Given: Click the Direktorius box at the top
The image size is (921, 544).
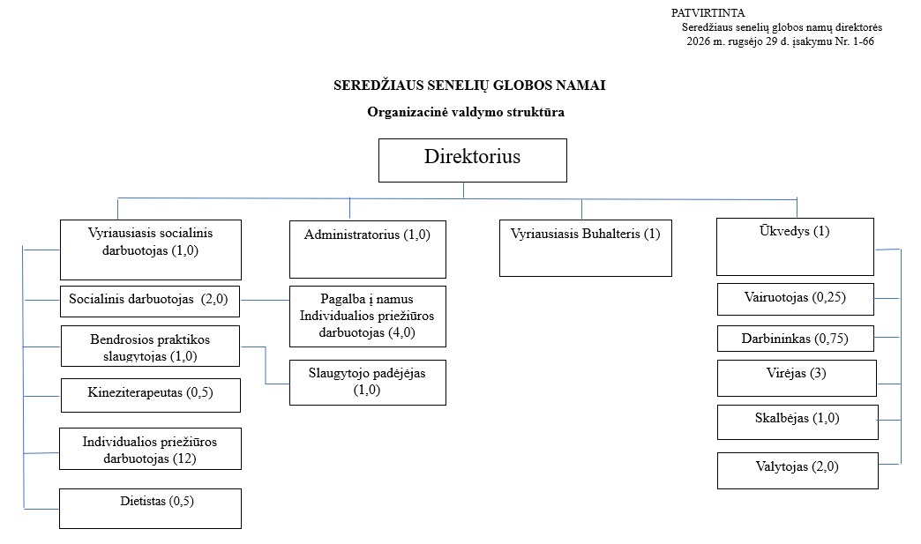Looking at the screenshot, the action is click(472, 160).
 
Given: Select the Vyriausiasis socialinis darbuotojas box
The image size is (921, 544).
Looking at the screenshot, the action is click(150, 250).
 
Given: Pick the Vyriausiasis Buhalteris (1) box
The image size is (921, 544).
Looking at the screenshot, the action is click(586, 248).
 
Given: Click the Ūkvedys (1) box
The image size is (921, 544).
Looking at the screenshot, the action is click(796, 247).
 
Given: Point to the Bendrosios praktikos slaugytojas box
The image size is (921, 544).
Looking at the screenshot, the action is click(150, 347).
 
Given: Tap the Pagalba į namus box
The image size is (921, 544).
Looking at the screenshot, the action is click(368, 317).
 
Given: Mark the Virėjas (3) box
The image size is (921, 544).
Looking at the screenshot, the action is click(797, 378).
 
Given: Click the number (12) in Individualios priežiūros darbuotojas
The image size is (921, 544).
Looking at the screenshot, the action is click(183, 458).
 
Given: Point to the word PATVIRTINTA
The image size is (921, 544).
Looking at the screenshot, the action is click(708, 13).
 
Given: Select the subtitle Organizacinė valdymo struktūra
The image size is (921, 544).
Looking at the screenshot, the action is click(466, 112).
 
